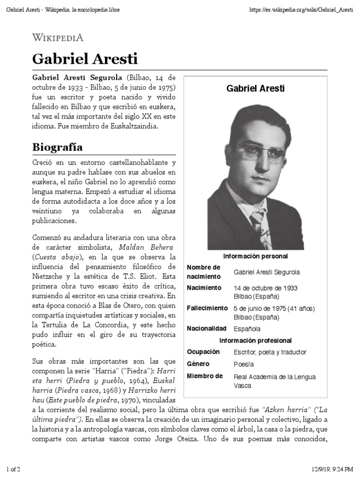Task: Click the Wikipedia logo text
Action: click(x=58, y=38)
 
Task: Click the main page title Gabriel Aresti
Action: click(x=85, y=59)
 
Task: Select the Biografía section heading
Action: click(x=57, y=147)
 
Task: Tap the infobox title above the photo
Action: click(x=255, y=88)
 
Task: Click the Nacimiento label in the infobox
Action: click(x=203, y=288)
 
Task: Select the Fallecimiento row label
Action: click(x=207, y=308)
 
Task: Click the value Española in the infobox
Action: click(x=247, y=329)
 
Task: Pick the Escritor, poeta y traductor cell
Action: click(x=270, y=352)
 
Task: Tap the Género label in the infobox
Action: click(x=198, y=364)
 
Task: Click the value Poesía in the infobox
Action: click(x=244, y=364)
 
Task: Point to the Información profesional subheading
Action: click(x=255, y=341)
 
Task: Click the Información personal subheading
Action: click(x=255, y=256)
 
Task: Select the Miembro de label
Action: click(x=204, y=376)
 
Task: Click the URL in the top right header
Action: click(x=301, y=10)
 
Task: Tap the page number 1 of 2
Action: click(x=13, y=469)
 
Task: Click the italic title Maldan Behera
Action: click(x=140, y=247)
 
